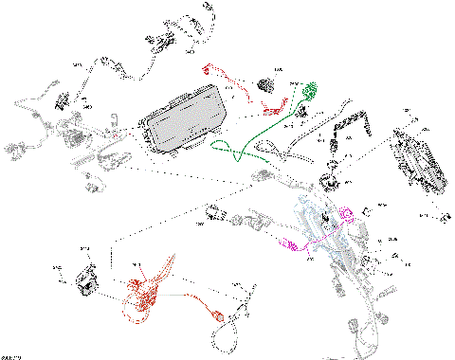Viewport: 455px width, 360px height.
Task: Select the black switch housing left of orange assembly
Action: click(x=84, y=280)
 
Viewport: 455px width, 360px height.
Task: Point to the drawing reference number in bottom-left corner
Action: click(x=11, y=356)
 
